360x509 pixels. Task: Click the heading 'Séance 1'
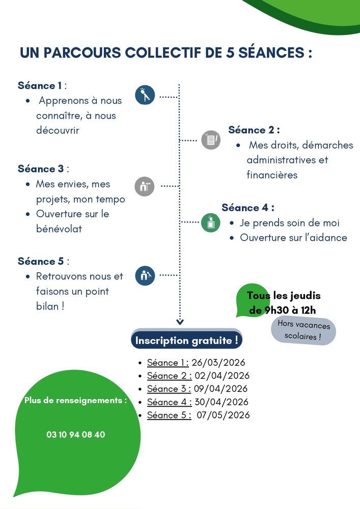click(40, 86)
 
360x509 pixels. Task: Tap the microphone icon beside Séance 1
click(145, 95)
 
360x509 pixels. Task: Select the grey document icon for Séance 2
click(211, 139)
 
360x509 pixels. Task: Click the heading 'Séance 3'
click(41, 168)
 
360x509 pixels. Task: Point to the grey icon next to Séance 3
click(144, 186)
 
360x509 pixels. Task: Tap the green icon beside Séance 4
click(210, 222)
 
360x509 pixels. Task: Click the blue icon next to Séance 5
click(145, 275)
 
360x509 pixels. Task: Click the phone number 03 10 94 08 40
click(76, 435)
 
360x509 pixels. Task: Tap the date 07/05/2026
click(224, 415)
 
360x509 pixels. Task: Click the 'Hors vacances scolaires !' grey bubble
click(304, 330)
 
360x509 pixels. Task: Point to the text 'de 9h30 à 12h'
click(283, 310)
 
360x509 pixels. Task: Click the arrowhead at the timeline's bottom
click(179, 321)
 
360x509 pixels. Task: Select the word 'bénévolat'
click(59, 229)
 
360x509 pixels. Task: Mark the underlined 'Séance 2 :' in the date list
click(169, 376)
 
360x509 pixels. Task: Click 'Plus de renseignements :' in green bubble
click(76, 401)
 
